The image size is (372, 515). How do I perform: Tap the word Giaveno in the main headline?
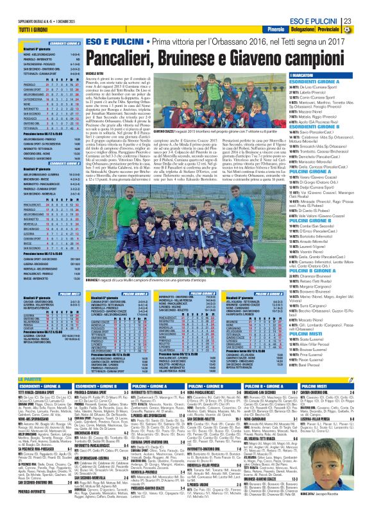coord(249,62)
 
